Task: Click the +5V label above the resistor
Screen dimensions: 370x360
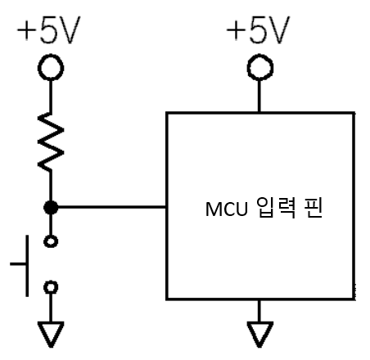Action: tap(48, 30)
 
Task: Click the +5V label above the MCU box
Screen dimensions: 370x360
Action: tap(258, 30)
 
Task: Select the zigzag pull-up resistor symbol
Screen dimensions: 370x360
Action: tap(51, 142)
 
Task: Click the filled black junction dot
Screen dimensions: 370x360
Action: tap(51, 208)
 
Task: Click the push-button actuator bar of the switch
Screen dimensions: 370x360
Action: tap(27, 265)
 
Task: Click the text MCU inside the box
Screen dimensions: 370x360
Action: tap(226, 209)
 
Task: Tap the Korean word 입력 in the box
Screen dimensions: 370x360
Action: tap(276, 208)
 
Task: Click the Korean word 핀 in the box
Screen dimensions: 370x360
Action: tap(314, 208)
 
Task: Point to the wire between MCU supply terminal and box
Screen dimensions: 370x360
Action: tap(259, 96)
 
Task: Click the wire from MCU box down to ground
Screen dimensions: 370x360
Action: tap(259, 311)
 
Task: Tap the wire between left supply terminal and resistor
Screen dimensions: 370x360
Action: tap(51, 97)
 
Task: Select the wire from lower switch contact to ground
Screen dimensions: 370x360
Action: tap(51, 308)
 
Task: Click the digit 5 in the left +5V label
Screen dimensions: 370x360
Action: tap(49, 30)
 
